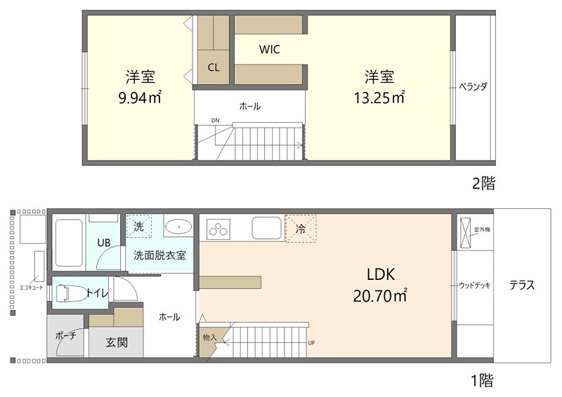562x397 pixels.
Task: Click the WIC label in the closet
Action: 270,50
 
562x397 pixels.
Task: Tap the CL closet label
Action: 213,67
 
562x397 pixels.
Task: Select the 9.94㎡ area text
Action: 140,97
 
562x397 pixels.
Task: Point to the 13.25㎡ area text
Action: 379,97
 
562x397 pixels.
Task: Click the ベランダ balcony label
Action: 473,86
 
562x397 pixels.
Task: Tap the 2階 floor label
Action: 483,184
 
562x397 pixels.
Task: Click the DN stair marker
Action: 215,121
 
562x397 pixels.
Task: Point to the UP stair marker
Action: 311,343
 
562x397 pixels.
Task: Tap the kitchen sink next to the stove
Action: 266,227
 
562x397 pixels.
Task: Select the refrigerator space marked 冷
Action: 301,228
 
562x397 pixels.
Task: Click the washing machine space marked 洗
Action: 139,227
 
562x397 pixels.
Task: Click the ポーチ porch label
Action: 65,335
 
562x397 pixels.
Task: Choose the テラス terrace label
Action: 523,285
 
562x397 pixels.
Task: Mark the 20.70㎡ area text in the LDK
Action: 380,296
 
